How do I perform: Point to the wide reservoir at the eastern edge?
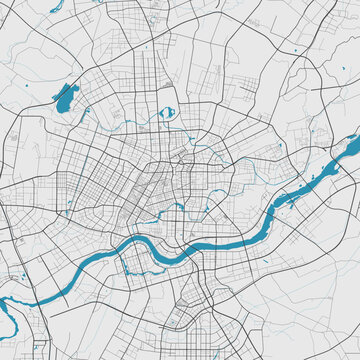349,150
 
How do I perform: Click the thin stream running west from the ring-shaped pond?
140,120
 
